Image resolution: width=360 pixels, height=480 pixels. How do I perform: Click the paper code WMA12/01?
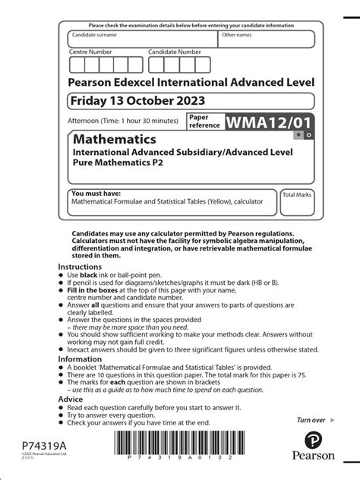[267, 122]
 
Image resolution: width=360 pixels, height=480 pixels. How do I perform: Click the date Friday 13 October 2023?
[137, 101]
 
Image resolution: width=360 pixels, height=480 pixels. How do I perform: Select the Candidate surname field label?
[94, 35]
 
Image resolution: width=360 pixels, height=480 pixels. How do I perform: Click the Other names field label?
[237, 35]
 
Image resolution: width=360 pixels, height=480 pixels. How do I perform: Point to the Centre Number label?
[90, 52]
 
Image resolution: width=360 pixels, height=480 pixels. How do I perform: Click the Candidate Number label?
[175, 52]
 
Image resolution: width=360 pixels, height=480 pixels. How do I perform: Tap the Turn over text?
[311, 420]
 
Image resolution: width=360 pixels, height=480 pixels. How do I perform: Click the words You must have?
[96, 194]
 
